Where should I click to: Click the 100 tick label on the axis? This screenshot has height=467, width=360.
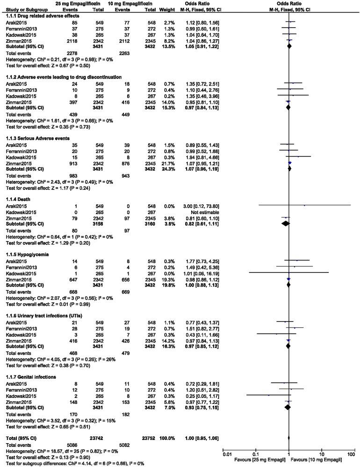[351, 453]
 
